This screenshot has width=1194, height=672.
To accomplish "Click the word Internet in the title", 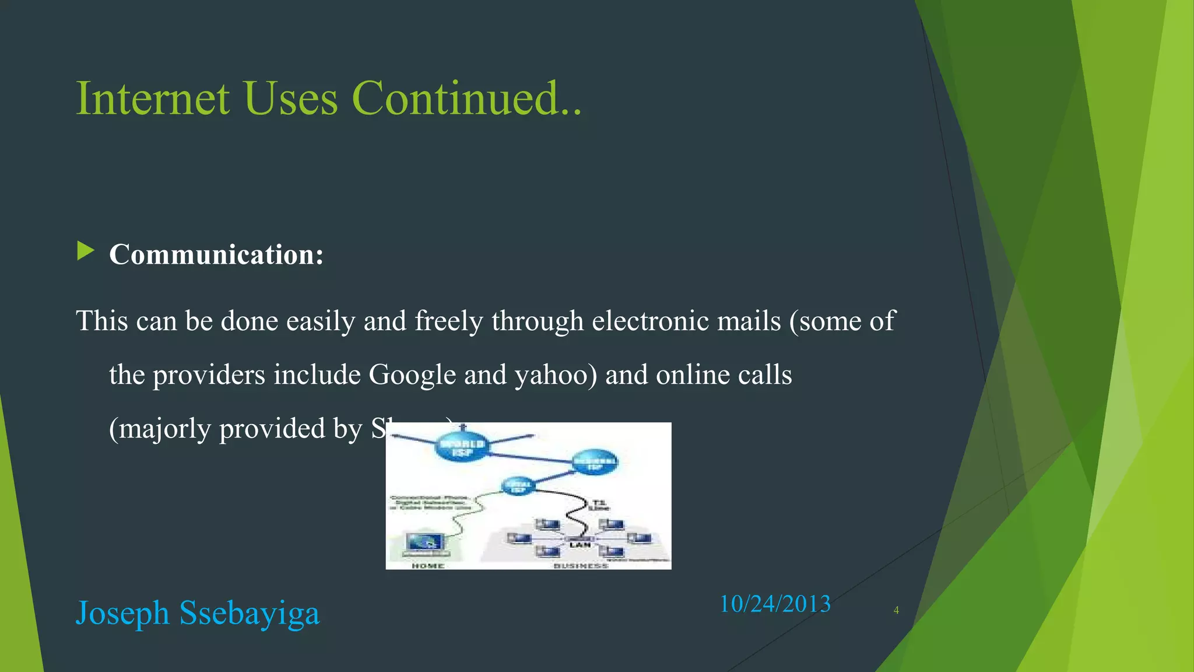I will (153, 98).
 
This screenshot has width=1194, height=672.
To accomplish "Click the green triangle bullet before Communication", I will (85, 251).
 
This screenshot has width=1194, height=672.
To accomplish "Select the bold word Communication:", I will (216, 255).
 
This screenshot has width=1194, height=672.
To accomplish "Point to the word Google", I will (412, 375).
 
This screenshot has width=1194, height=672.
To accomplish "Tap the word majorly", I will (165, 429).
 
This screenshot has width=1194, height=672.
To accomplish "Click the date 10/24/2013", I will (775, 604).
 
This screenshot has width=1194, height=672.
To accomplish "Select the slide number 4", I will (896, 610).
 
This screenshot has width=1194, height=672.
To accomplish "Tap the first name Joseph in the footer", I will (122, 613).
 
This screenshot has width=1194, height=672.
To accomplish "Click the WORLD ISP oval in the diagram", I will (462, 447).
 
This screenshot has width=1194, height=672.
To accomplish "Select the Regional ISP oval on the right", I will (594, 463).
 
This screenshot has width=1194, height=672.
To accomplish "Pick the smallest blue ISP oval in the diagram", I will (518, 486).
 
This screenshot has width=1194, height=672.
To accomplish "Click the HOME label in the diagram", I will (428, 565).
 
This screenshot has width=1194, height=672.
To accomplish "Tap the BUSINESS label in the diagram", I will (581, 565).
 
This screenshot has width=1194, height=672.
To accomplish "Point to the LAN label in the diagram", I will (580, 544).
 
